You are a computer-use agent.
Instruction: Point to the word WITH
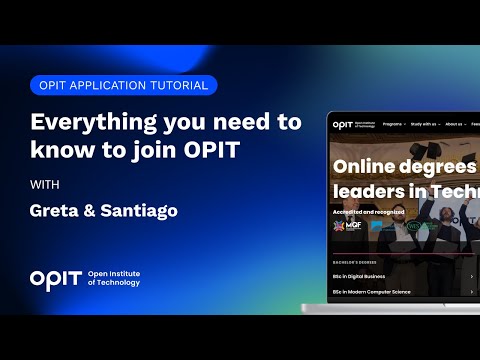44,185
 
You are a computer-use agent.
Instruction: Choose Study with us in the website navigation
426,127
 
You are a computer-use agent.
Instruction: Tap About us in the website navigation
456,127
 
